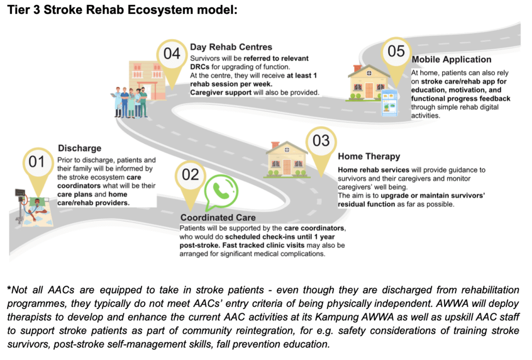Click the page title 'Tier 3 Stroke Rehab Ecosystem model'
coord(121,10)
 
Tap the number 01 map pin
coord(37,163)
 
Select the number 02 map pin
coord(190,175)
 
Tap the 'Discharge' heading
coord(79,148)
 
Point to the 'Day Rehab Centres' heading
coord(231,47)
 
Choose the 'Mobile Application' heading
coord(451,60)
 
